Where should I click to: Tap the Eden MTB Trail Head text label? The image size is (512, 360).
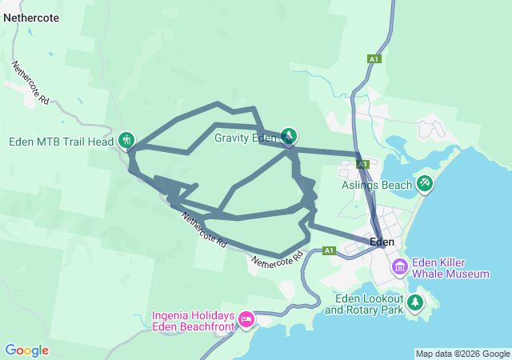coord(61,142)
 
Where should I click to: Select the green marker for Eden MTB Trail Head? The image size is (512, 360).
coord(126,140)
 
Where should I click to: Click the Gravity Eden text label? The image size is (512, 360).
coord(244,138)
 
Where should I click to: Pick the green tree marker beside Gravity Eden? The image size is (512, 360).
coord(289,136)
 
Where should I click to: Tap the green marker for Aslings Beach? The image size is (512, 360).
coord(425,183)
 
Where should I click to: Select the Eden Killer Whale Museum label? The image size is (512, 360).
coord(450,268)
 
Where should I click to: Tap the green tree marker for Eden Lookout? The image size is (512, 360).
coord(415,302)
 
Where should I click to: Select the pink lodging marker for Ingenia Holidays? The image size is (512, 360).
coord(246,319)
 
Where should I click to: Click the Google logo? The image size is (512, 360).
coord(27,350)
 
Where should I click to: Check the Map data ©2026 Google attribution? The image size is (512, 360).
coord(462,354)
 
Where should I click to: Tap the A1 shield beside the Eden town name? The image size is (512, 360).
coord(328,250)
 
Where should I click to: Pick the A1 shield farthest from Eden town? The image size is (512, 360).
coord(373,58)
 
